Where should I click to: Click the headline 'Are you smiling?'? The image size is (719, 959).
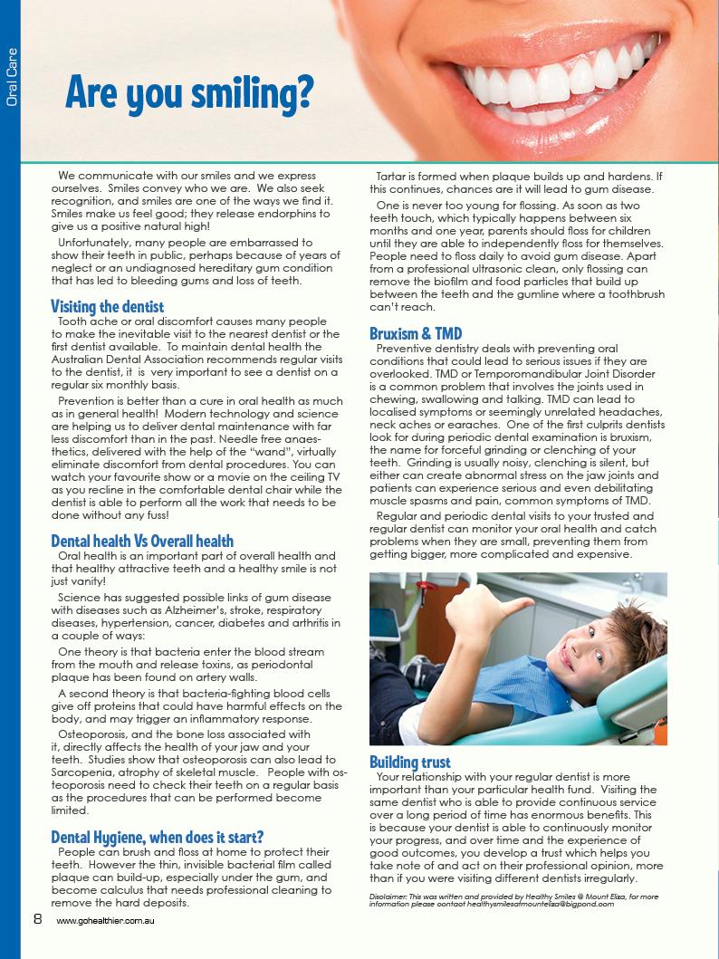click(x=189, y=92)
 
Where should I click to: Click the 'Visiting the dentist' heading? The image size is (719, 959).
click(x=107, y=306)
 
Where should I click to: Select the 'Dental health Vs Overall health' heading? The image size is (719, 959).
click(x=142, y=541)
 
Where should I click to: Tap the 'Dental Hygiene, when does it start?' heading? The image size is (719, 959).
click(x=158, y=836)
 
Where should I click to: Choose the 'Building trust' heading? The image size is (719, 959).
click(x=409, y=762)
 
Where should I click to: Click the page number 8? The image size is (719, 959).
click(x=38, y=918)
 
